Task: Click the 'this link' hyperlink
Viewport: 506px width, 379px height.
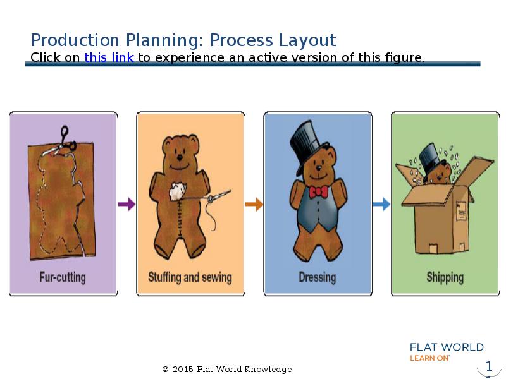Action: click(x=108, y=58)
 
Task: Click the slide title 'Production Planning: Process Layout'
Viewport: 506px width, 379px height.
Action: click(x=183, y=40)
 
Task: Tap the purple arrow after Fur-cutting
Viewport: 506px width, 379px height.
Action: click(x=126, y=204)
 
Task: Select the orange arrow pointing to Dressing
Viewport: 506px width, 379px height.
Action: click(x=254, y=204)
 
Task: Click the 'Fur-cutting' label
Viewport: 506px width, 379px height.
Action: click(x=63, y=277)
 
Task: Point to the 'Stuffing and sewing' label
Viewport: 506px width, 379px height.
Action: click(x=190, y=277)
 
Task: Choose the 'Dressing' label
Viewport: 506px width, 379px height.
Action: click(x=317, y=277)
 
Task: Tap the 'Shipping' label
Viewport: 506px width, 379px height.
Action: click(x=445, y=277)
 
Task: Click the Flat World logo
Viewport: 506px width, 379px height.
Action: click(x=447, y=352)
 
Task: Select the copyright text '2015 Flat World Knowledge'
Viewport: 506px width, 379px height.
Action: click(x=227, y=369)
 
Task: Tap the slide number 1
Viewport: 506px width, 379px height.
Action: click(x=488, y=366)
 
